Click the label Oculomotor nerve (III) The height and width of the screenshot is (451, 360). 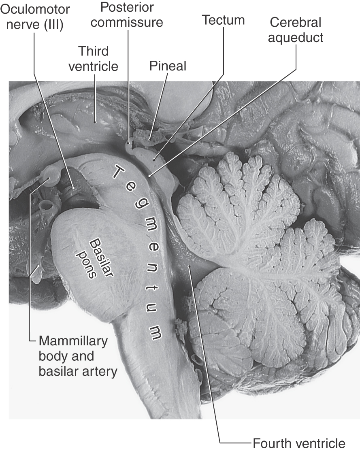click(35, 17)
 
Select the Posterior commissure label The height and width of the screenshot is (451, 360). click(127, 15)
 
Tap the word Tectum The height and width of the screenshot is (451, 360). click(223, 20)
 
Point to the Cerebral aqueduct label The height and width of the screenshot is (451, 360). click(296, 30)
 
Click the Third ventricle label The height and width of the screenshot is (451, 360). click(93, 59)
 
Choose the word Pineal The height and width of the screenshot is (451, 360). click(168, 66)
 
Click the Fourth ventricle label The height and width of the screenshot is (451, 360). click(299, 443)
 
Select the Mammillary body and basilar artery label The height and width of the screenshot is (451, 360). click(78, 356)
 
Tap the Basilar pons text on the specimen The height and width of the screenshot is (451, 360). click(94, 259)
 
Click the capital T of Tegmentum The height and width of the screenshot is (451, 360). click(118, 172)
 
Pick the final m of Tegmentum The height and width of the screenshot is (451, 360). click(156, 333)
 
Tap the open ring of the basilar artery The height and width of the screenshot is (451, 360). click(46, 206)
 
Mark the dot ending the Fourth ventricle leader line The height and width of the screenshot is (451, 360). click(189, 267)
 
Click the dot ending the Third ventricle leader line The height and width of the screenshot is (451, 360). click(95, 122)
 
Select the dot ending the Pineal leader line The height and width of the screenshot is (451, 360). click(150, 140)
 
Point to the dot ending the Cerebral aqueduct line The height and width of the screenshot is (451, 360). click(149, 175)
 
